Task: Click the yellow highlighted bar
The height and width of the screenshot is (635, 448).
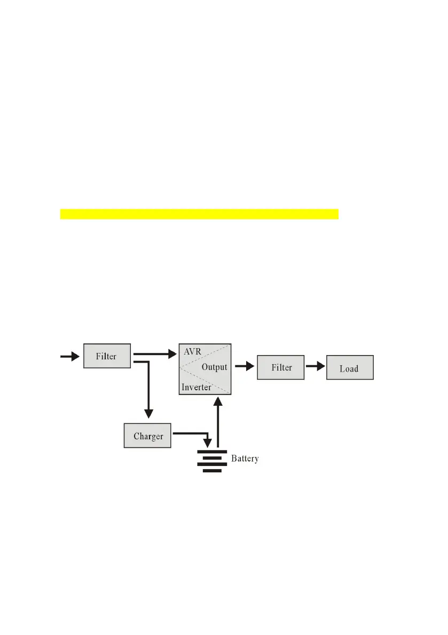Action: (x=199, y=214)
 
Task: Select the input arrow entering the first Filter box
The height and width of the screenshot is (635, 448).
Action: (x=70, y=356)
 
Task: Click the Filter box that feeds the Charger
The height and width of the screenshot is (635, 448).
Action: (x=107, y=356)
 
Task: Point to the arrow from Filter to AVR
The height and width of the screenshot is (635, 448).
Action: (x=155, y=353)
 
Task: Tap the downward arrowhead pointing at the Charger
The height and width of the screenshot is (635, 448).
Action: (x=149, y=413)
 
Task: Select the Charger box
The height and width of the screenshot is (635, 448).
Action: (x=148, y=436)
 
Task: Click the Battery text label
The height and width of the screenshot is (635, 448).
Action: (x=245, y=459)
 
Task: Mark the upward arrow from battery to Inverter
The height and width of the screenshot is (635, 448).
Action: (x=218, y=421)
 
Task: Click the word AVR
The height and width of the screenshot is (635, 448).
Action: (x=192, y=352)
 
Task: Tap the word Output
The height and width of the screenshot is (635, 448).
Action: (x=214, y=367)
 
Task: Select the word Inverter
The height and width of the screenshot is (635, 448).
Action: (x=196, y=387)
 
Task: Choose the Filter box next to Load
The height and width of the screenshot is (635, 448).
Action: (x=281, y=367)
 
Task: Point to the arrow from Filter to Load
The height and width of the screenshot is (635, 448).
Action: (x=315, y=367)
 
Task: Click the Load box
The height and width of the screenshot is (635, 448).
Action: (x=349, y=368)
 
